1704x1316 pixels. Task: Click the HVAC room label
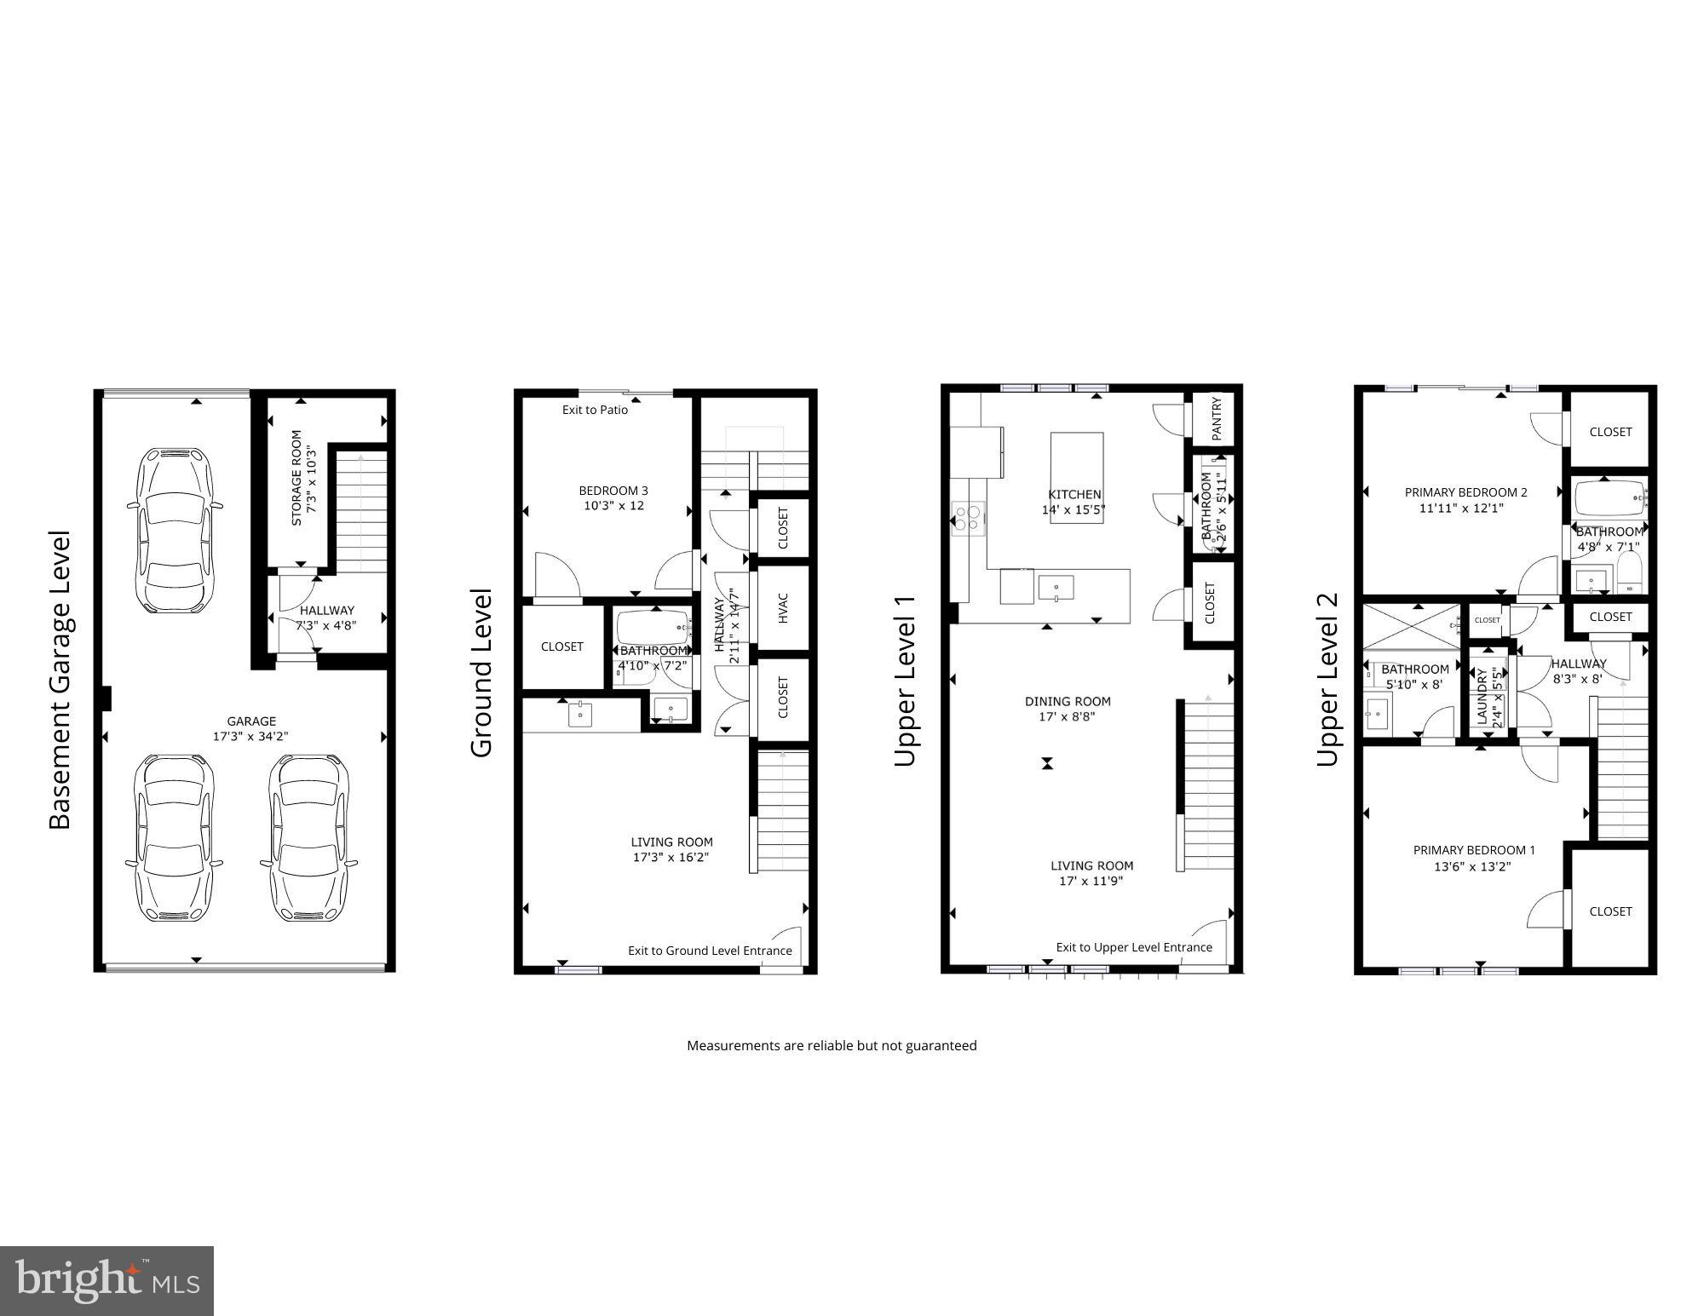(783, 607)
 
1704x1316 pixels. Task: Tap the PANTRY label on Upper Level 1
(1217, 418)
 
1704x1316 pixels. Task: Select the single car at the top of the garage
(175, 527)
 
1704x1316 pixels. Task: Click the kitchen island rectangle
(1076, 477)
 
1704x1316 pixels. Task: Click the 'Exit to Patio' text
(595, 410)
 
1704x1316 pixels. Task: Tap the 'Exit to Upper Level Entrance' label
(1134, 947)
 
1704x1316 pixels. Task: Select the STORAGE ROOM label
(296, 477)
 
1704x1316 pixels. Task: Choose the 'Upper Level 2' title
(1328, 680)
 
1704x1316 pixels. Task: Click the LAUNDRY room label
(1482, 696)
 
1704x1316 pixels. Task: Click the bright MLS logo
(106, 1281)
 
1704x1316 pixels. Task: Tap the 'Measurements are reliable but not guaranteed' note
(832, 1045)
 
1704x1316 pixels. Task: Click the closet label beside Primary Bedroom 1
(1610, 911)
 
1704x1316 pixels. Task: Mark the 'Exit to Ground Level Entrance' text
(710, 951)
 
